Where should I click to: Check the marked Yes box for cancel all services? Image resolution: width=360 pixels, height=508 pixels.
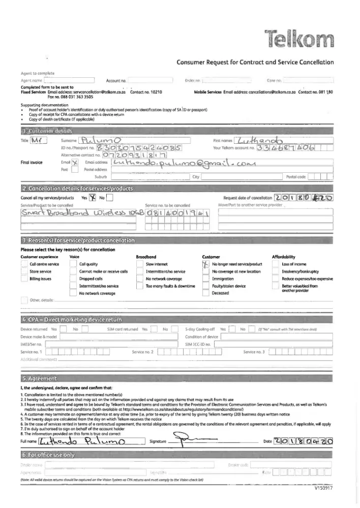[93, 198]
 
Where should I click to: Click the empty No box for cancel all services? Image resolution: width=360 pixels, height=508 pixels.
[110, 198]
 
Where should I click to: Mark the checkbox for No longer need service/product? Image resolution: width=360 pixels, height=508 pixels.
[206, 264]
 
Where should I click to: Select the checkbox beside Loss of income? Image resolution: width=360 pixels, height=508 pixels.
[276, 264]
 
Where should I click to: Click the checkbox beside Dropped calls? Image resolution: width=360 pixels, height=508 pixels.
[73, 279]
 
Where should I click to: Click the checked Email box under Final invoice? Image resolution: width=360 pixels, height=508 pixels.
[74, 162]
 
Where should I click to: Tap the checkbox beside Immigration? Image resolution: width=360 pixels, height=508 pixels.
[206, 279]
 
